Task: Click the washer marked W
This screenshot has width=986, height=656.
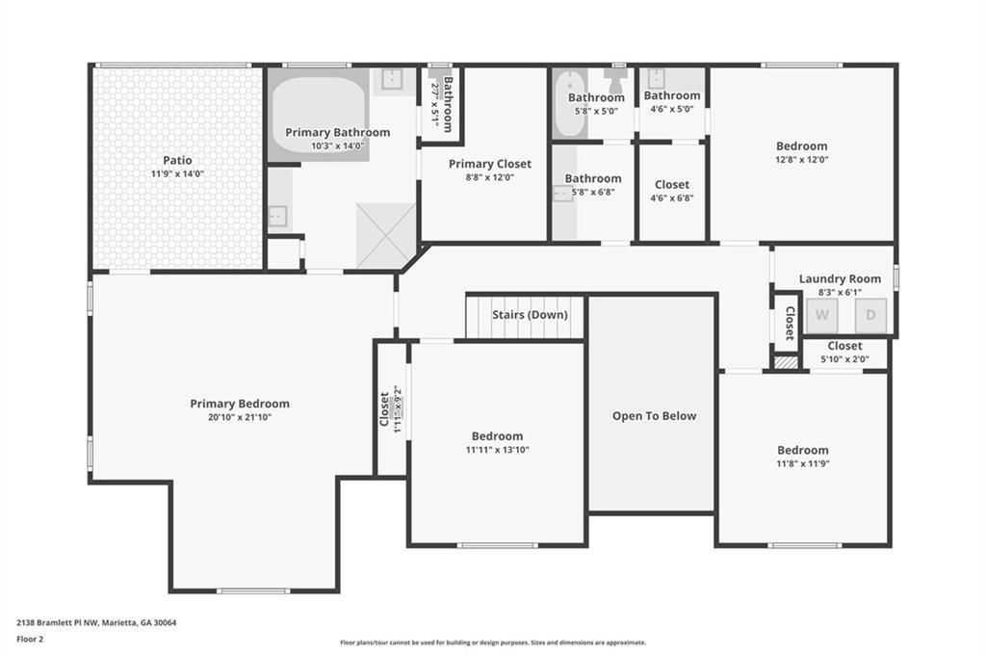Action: pos(822,315)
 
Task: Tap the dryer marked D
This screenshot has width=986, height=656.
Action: pos(870,315)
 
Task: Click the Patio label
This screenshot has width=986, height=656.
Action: pos(177,160)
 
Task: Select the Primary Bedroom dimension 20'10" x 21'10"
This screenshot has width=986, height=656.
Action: pos(240,417)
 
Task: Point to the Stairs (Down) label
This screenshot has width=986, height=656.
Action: pos(530,314)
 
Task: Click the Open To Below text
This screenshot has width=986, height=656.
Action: pos(654,416)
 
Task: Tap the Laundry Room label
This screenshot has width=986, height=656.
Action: pos(840,278)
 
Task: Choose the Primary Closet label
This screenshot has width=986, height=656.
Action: pos(490,164)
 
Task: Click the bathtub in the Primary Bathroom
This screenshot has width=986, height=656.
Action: pos(318,114)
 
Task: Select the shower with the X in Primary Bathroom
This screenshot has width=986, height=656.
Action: pos(385,236)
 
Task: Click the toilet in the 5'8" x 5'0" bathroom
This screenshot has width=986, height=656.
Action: pos(615,79)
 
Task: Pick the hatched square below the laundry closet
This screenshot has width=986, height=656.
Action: pos(786,363)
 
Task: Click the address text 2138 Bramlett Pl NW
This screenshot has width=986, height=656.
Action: pos(56,622)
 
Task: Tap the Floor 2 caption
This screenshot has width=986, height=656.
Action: pos(30,639)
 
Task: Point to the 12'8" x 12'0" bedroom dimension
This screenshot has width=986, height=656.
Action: pos(802,160)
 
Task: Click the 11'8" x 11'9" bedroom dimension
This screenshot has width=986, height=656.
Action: pos(803,463)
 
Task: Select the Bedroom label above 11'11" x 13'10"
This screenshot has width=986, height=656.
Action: pos(497,436)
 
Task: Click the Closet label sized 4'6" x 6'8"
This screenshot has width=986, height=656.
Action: pos(671,185)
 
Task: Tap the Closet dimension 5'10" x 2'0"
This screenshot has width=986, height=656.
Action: pos(844,359)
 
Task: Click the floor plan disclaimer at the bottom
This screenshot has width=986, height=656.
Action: pos(493,643)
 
